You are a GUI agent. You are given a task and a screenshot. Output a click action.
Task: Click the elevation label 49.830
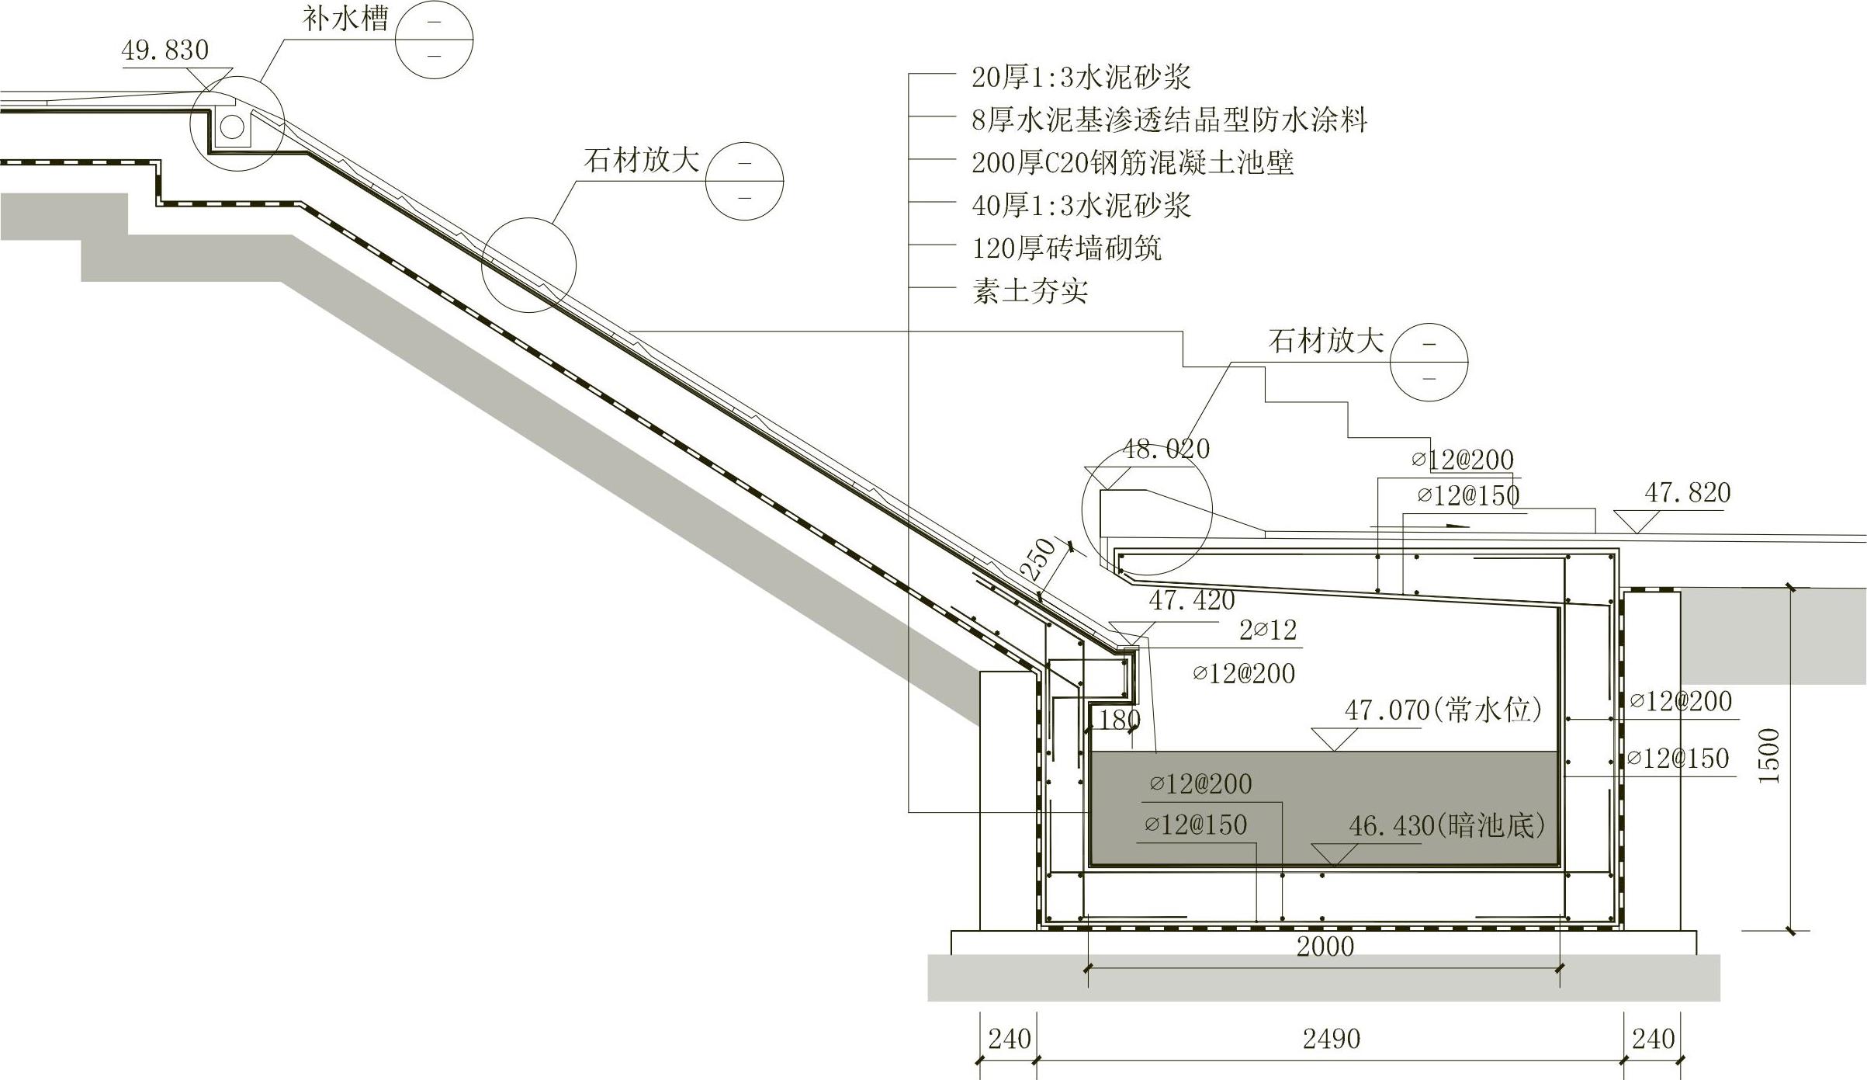point(165,50)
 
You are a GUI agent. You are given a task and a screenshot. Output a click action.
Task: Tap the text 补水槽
point(345,19)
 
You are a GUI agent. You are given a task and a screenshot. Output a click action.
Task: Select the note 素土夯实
point(1030,291)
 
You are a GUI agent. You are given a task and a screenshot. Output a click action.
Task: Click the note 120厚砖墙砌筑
point(1066,248)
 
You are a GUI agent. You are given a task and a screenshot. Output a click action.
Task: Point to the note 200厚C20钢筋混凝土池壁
point(1132,163)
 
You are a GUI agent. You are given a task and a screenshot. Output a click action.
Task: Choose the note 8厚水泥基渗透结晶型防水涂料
point(1169,120)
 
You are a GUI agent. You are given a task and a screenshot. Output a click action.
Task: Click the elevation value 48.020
point(1166,449)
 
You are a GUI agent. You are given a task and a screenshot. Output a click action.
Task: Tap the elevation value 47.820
point(1688,492)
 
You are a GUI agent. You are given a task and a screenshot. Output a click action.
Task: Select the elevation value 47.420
point(1192,599)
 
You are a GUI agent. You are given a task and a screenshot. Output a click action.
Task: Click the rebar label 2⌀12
point(1268,630)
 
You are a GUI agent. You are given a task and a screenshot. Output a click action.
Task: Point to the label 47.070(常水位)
point(1443,710)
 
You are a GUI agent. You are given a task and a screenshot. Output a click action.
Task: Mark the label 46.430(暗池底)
point(1446,825)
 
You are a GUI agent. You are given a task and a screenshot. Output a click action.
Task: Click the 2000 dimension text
point(1325,946)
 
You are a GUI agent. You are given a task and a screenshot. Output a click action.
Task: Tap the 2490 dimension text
point(1332,1039)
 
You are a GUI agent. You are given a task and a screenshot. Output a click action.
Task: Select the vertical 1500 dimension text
point(1768,755)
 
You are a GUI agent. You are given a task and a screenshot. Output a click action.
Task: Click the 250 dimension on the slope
point(1037,559)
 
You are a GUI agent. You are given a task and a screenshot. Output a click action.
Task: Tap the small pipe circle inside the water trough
point(232,127)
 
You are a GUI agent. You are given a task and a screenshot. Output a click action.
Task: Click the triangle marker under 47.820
point(1636,522)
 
